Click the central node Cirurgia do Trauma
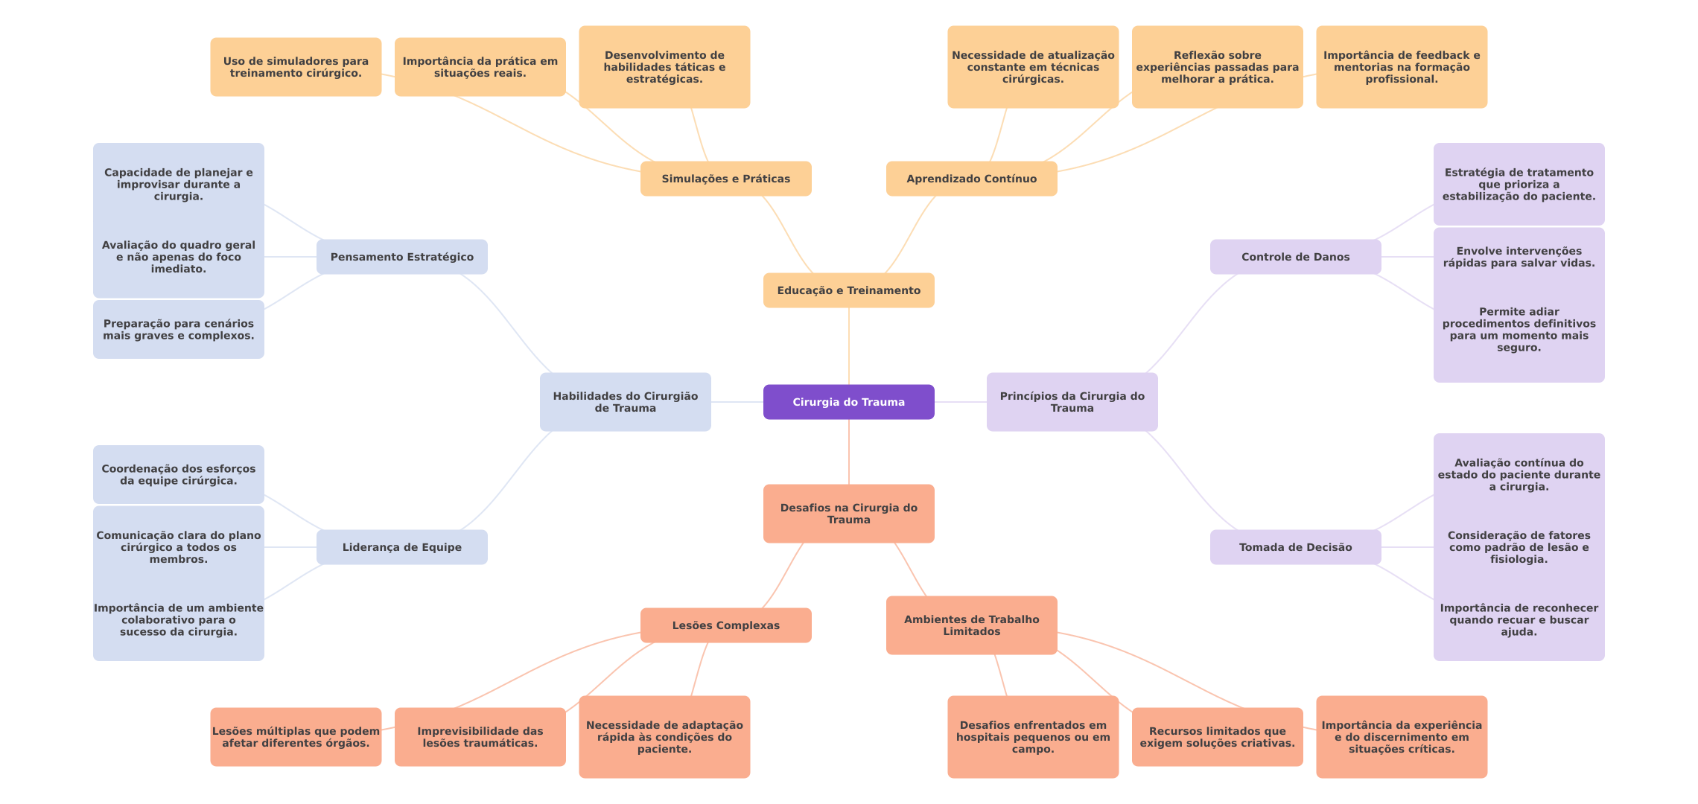tap(848, 402)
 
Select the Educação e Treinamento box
tap(848, 290)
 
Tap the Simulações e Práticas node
tap(725, 179)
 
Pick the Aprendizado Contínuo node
tap(971, 179)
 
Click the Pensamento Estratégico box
tap(401, 257)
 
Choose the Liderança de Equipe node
tap(401, 547)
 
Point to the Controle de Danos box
tap(1295, 257)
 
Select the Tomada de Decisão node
tap(1295, 547)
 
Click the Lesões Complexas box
tap(725, 625)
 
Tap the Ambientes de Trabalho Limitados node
tap(971, 625)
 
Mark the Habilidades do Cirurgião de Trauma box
tap(625, 402)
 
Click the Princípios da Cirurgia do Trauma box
tap(1072, 402)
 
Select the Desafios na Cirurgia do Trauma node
tap(848, 514)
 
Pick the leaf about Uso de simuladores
tap(296, 67)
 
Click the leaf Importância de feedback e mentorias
tap(1401, 67)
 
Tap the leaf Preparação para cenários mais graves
tap(178, 329)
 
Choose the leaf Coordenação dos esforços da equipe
tap(178, 475)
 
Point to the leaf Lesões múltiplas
tap(296, 737)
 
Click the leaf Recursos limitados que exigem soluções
tap(1217, 737)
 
